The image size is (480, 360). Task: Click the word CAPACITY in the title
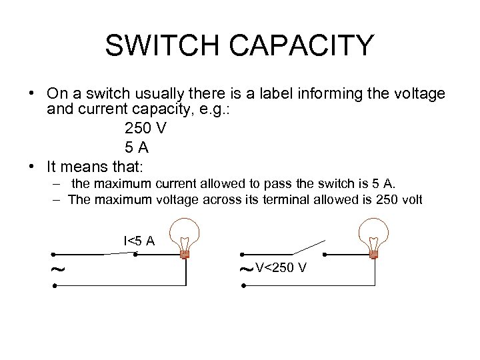[x=309, y=45]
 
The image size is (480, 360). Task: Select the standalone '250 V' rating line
[x=145, y=129]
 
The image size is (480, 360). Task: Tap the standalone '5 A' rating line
[x=137, y=147]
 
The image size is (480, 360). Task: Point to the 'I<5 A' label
[x=139, y=241]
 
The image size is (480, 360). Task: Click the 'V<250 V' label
[x=281, y=268]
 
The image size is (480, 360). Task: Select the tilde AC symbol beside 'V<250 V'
[x=246, y=269]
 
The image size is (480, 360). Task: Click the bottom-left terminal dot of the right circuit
[x=244, y=285]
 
